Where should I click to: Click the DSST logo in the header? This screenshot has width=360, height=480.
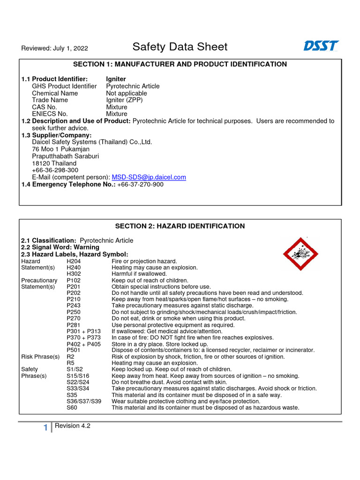[x=321, y=46]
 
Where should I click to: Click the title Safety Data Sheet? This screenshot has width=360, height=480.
[x=180, y=47]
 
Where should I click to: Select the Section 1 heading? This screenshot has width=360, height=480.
[x=180, y=64]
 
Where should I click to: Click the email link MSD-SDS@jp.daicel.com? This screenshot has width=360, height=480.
[x=149, y=177]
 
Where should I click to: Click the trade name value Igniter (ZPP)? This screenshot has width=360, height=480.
[x=124, y=100]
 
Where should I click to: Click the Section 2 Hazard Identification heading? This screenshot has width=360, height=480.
[x=180, y=226]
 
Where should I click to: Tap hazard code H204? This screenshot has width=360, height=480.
[x=74, y=261]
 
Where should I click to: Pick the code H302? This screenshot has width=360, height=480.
[x=74, y=274]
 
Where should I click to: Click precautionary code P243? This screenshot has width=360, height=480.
[x=74, y=306]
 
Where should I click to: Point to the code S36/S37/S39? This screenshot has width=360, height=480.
[x=84, y=401]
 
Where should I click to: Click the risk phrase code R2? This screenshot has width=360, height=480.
[x=70, y=357]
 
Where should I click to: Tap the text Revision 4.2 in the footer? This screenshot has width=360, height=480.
[x=72, y=426]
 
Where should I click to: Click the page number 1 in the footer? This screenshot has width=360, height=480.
[x=45, y=427]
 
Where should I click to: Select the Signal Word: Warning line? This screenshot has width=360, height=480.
[x=60, y=247]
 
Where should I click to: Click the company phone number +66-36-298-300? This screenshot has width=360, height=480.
[x=55, y=170]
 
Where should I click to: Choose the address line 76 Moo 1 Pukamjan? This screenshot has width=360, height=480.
[x=60, y=149]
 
